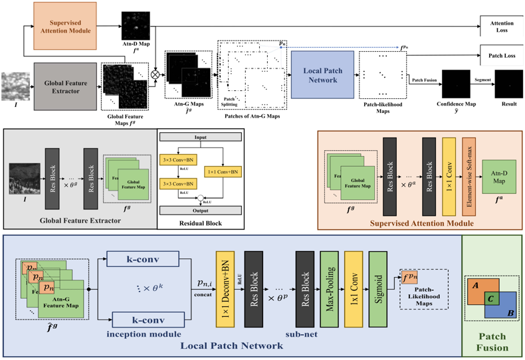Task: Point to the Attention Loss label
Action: click(501, 27)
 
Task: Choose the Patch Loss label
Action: click(501, 56)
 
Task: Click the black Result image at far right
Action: click(509, 85)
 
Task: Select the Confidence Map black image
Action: click(455, 85)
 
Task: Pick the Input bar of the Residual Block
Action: click(201, 139)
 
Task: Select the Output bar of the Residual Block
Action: click(201, 211)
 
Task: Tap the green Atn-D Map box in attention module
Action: click(498, 177)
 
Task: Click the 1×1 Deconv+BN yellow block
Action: click(225, 289)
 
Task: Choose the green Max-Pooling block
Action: click(330, 289)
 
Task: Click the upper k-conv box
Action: click(142, 258)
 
